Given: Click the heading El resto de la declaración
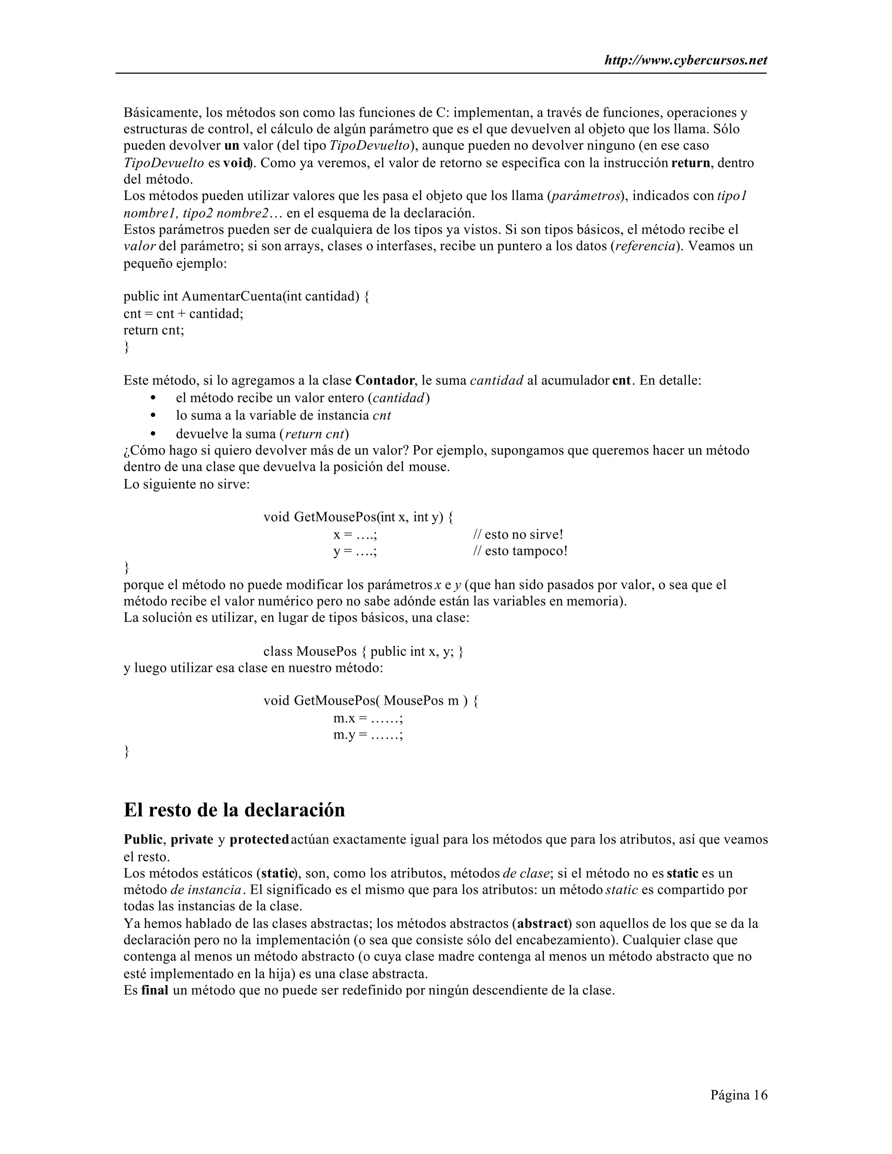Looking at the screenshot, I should [x=234, y=810].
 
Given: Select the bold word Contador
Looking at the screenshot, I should [x=385, y=381].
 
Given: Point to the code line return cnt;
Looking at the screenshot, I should [x=154, y=330].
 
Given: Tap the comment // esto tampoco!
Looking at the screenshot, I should [x=520, y=551].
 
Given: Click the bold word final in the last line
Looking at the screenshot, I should [x=154, y=990].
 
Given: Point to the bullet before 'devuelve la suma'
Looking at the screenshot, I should [x=154, y=434].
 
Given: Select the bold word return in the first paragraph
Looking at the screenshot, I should [x=691, y=163].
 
